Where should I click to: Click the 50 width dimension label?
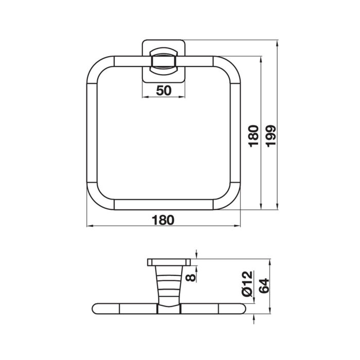point(164,90)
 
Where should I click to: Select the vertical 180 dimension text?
point(254,136)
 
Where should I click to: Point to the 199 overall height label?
point(271,136)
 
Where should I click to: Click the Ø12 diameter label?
point(247,283)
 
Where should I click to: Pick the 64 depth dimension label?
point(264,285)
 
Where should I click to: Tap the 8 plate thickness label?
point(191,277)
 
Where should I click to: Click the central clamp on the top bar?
point(164,61)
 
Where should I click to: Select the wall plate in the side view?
point(169,262)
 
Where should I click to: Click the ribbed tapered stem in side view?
point(169,285)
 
